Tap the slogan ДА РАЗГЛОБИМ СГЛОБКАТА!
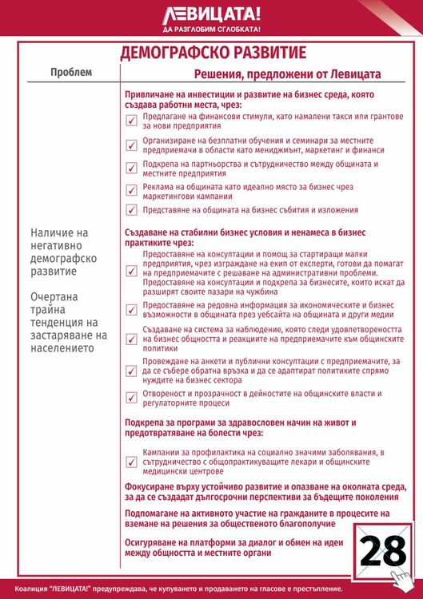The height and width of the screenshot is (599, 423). pyautogui.click(x=211, y=29)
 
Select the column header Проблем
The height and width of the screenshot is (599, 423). pyautogui.click(x=71, y=73)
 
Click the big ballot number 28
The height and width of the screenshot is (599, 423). pyautogui.click(x=382, y=552)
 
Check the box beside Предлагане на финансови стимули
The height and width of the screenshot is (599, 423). pyautogui.click(x=132, y=121)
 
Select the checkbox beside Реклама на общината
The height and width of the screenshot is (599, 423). pyautogui.click(x=132, y=190)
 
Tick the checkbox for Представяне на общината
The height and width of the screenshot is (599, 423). pyautogui.click(x=132, y=210)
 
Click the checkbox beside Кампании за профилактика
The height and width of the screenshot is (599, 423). pyautogui.click(x=132, y=461)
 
